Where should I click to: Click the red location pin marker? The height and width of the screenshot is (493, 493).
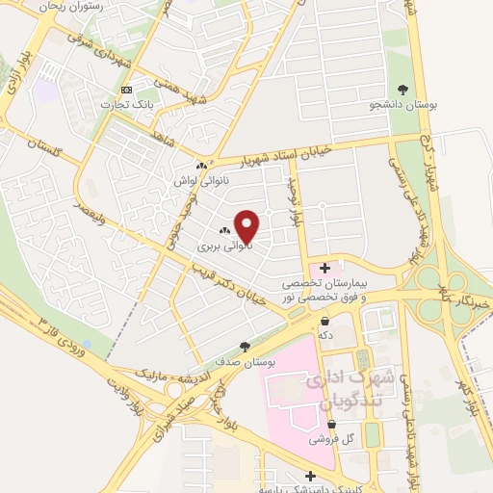click(247, 227)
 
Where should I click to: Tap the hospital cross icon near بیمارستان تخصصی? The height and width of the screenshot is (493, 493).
click(324, 267)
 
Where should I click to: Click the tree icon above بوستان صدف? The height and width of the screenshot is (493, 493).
click(246, 347)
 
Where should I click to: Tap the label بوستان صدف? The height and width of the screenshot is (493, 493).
click(246, 362)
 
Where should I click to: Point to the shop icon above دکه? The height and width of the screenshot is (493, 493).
click(325, 321)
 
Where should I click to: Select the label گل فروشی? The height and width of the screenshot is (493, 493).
click(330, 438)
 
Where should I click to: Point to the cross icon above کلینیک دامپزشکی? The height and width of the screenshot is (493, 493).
click(310, 475)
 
